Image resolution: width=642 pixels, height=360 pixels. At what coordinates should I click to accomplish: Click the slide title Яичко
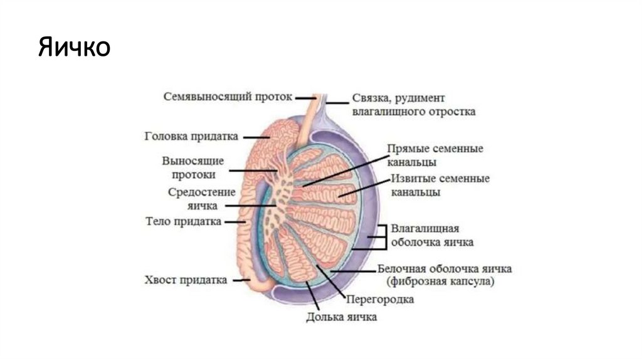(x=74, y=48)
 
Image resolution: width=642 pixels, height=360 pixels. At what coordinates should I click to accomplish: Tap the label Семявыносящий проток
(x=228, y=97)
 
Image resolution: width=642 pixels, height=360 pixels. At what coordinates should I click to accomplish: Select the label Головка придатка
(x=191, y=136)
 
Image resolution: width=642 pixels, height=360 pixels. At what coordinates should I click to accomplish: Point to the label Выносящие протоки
(x=192, y=167)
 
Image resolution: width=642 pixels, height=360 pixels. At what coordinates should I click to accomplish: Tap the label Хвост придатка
(x=185, y=280)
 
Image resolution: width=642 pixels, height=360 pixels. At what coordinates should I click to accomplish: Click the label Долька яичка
(x=342, y=317)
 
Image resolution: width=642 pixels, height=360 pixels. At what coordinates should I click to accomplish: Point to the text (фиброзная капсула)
(x=441, y=282)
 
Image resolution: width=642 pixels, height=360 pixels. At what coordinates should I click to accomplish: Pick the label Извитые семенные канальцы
(x=440, y=185)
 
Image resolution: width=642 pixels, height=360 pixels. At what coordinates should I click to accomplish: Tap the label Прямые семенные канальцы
(x=435, y=156)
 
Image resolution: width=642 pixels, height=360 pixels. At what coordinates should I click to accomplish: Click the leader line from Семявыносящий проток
(x=305, y=98)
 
